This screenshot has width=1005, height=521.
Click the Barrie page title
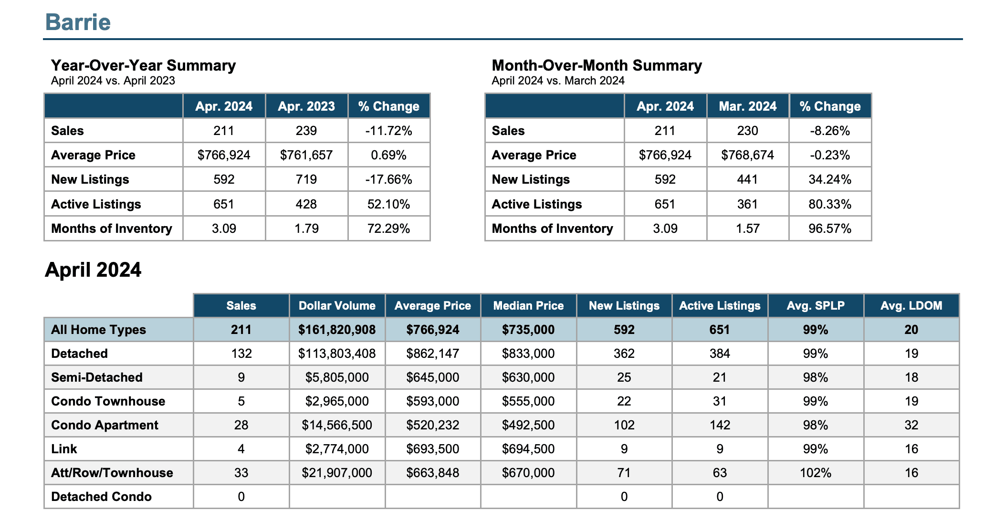78,22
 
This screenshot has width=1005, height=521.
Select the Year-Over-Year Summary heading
143,65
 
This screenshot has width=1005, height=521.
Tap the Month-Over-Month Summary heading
597,65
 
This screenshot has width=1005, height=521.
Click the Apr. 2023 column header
306,106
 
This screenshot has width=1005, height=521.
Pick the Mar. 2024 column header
748,106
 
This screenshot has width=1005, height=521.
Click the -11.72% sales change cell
388,131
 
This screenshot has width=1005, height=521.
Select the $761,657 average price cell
306,155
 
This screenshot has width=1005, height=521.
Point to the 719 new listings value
306,179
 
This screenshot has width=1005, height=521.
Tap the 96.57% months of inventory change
830,229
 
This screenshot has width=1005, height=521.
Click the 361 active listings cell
747,204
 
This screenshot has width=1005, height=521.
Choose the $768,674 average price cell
747,155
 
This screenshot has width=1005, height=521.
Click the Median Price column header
528,306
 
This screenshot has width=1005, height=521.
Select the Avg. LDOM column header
911,306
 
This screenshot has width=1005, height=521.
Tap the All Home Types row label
98,330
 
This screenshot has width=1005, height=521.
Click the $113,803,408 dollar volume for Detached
337,354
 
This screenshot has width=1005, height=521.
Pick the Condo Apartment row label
105,425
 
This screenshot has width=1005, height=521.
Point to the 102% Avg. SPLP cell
816,473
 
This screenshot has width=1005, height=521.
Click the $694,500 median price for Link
528,449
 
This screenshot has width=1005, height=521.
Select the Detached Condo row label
101,497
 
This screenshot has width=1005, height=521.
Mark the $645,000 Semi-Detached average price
433,377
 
